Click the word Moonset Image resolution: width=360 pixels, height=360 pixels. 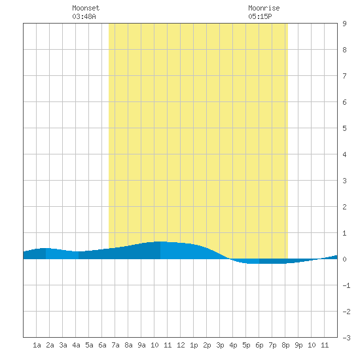point(86,8)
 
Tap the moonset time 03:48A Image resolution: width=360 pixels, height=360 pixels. point(84,16)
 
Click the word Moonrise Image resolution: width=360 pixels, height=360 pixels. point(264,8)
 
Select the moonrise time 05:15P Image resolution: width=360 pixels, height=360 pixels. point(260,16)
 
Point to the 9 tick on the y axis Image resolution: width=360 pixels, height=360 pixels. point(344,24)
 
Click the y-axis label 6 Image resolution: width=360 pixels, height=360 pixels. point(344,102)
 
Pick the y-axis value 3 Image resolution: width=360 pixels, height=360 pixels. point(344,181)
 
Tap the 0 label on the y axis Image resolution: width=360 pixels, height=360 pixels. point(344,259)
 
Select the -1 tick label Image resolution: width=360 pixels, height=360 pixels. point(346,285)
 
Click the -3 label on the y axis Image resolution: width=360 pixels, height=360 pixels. point(346,338)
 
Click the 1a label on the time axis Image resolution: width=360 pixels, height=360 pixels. point(37,345)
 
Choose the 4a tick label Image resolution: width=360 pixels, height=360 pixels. point(76,345)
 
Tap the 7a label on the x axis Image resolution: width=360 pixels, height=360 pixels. point(115,345)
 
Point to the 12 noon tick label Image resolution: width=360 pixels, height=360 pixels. point(181,345)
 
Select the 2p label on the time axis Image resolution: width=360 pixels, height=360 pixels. point(207,345)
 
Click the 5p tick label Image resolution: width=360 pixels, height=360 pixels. point(246,345)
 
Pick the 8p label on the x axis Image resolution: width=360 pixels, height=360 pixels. point(285,345)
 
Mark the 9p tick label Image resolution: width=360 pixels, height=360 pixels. point(298,345)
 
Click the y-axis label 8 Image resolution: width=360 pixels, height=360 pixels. point(344,50)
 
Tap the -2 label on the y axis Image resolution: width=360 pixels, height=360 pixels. point(346,312)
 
